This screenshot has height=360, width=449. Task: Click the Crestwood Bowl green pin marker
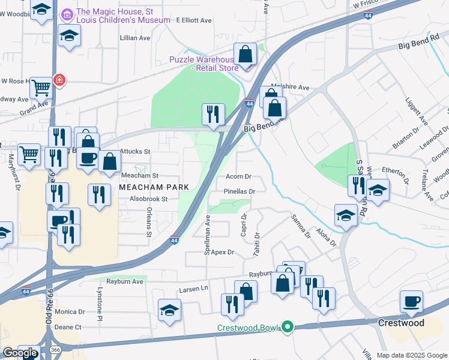288,327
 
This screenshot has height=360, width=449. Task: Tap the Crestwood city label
401,323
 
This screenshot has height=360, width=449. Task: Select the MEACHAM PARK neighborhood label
154,187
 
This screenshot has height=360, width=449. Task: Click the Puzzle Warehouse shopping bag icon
246,55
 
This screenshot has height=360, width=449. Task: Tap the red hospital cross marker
59,79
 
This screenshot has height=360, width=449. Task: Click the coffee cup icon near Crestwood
412,301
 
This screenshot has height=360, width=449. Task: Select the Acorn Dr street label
238,177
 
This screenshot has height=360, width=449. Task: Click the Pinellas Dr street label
240,191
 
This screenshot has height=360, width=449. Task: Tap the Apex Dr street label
221,252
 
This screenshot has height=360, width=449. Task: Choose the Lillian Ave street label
135,38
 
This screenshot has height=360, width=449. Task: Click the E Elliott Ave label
194,20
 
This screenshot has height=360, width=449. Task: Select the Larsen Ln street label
193,289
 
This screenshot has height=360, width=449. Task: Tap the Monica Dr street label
70,312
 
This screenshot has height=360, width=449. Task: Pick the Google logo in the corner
20,353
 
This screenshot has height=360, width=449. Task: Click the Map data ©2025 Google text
411,355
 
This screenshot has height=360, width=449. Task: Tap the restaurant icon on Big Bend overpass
213,114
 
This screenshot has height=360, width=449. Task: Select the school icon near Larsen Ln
169,310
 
